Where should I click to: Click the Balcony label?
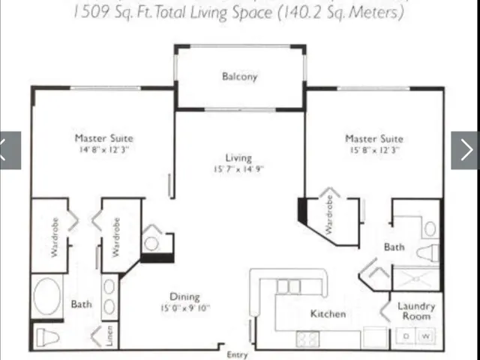[239, 76]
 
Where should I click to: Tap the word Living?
[238, 157]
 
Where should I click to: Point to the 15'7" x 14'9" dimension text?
[238, 169]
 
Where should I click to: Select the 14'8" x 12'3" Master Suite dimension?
[103, 149]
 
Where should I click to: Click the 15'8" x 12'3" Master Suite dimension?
[373, 150]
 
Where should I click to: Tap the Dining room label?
[184, 296]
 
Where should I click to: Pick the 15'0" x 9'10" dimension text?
[184, 307]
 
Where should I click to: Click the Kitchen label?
[328, 313]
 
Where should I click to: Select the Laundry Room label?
[415, 311]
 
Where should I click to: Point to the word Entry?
[236, 355]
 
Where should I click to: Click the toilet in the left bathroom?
[47, 337]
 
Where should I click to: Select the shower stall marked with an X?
[415, 278]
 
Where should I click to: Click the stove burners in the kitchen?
[307, 338]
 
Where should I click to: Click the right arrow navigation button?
[464, 150]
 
